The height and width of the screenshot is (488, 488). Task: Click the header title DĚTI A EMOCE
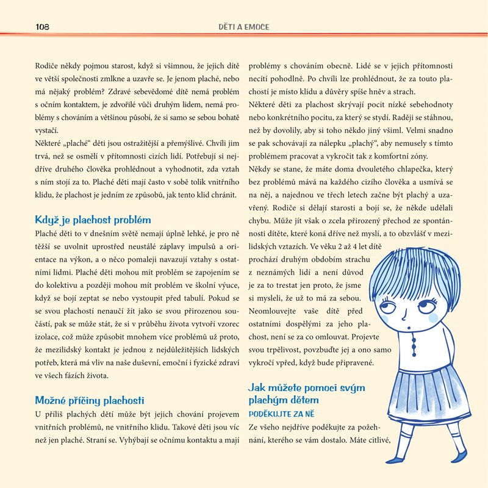tap(244, 27)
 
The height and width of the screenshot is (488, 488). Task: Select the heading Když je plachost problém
tap(93, 220)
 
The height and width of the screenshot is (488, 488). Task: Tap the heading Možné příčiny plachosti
tap(90, 400)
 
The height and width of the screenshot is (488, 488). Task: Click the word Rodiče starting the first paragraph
tap(48, 65)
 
